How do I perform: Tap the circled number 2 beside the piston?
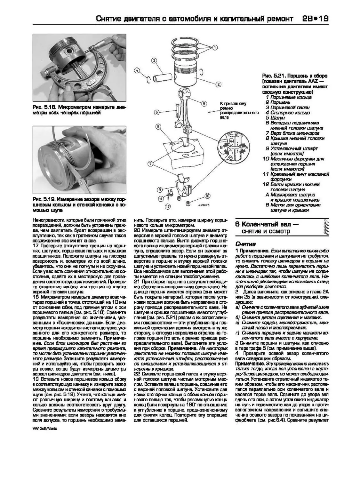pos(219,84)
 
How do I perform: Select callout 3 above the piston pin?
pos(154,60)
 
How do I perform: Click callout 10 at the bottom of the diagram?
pos(207,196)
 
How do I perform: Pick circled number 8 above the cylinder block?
pos(158,127)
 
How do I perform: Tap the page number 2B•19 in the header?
pos(315,19)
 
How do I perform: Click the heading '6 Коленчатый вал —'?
pos(267,224)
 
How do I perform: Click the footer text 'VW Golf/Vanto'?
pos(45,428)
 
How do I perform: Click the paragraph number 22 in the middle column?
pos(137,374)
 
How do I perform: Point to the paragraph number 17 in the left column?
pos(36,245)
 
